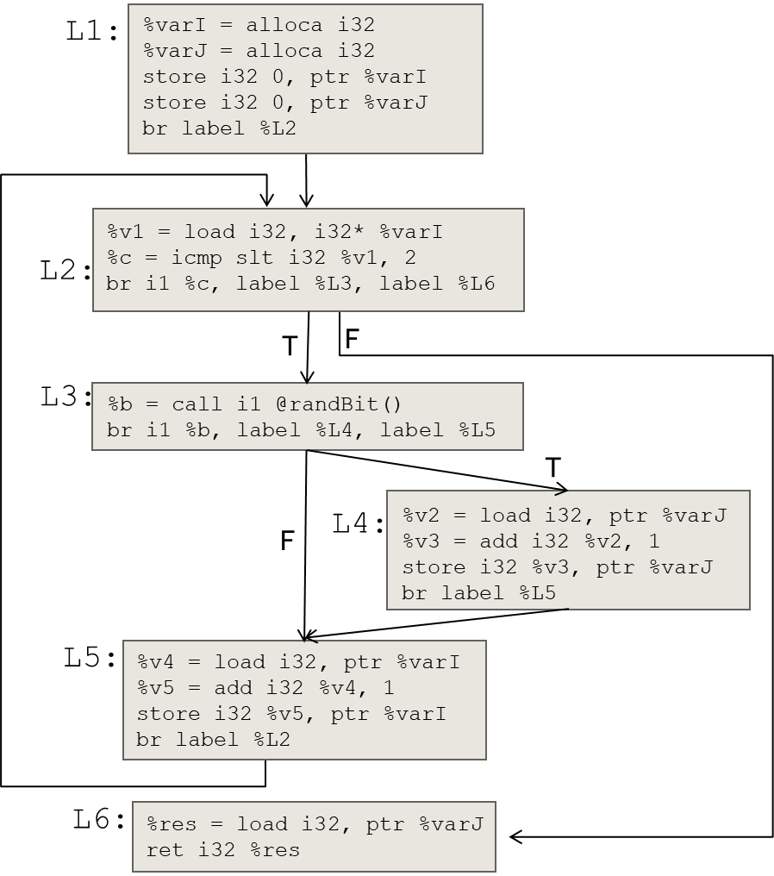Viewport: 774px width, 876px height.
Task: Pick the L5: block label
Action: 90,658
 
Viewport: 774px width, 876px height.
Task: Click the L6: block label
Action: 99,819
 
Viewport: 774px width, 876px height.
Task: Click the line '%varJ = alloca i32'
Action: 259,51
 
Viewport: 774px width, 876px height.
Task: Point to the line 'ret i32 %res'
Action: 223,850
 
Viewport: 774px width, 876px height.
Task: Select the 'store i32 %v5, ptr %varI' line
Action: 291,714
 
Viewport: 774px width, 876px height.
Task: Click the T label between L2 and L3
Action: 290,347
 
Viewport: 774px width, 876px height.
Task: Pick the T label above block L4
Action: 552,468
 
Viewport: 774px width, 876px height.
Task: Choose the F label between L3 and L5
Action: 288,541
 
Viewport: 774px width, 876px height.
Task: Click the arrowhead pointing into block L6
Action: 515,836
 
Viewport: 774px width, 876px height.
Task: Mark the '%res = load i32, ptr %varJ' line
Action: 315,824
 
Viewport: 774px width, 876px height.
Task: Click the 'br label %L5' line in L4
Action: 478,593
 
